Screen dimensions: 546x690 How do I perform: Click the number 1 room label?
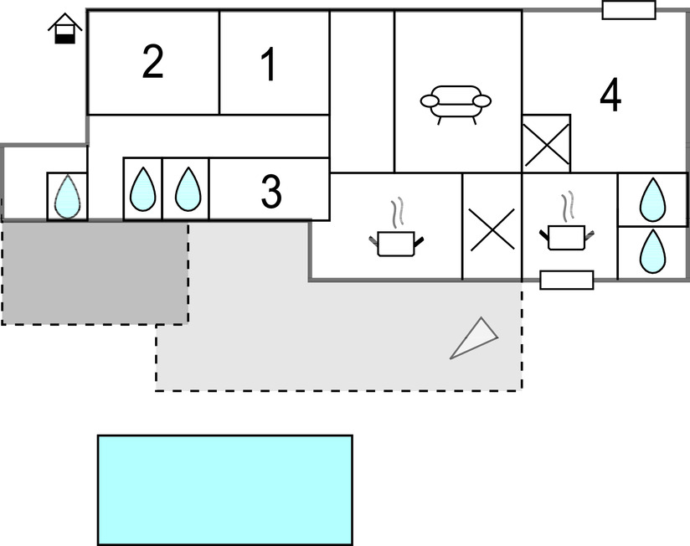coord(268,65)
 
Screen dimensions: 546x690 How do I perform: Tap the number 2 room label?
coord(152,63)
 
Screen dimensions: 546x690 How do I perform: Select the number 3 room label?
coord(270,192)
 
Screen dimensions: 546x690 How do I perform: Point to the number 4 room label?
coord(610,95)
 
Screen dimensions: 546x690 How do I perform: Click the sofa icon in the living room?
coord(456,104)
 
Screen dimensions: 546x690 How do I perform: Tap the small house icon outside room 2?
coord(64,31)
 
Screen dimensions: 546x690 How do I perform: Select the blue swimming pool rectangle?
coord(224,489)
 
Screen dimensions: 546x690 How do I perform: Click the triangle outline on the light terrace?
coord(475,338)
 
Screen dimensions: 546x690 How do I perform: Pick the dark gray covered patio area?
coord(94,272)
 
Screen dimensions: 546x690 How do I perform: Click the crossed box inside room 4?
coord(546,143)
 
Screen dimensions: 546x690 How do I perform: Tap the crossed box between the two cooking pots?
coord(492,227)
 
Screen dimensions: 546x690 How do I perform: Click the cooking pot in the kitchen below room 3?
coord(397,243)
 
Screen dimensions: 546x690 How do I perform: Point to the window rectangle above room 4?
coord(628,9)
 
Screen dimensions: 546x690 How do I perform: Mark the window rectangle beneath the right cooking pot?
coord(567,280)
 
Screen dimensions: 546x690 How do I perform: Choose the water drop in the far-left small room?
coord(66,196)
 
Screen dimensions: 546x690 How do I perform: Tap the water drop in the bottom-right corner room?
coord(652,251)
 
